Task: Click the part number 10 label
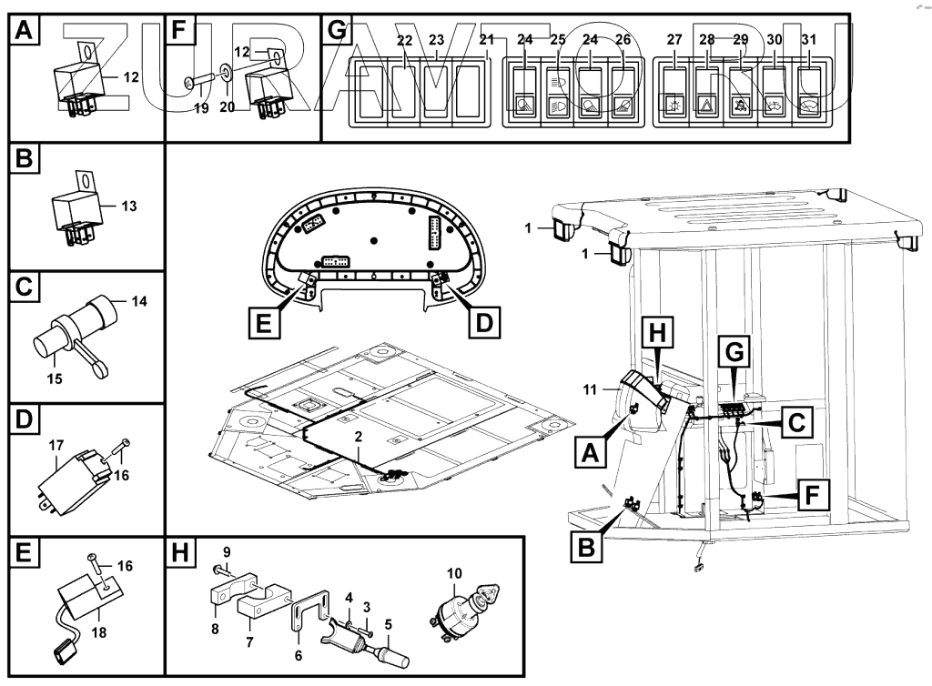tap(455, 573)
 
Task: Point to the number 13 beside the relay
tap(128, 207)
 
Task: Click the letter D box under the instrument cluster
tap(485, 322)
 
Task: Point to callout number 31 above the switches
tap(808, 40)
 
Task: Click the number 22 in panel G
tap(405, 40)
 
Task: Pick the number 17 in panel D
tap(56, 446)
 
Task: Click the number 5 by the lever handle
tap(389, 624)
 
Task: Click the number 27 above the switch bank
tap(674, 40)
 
